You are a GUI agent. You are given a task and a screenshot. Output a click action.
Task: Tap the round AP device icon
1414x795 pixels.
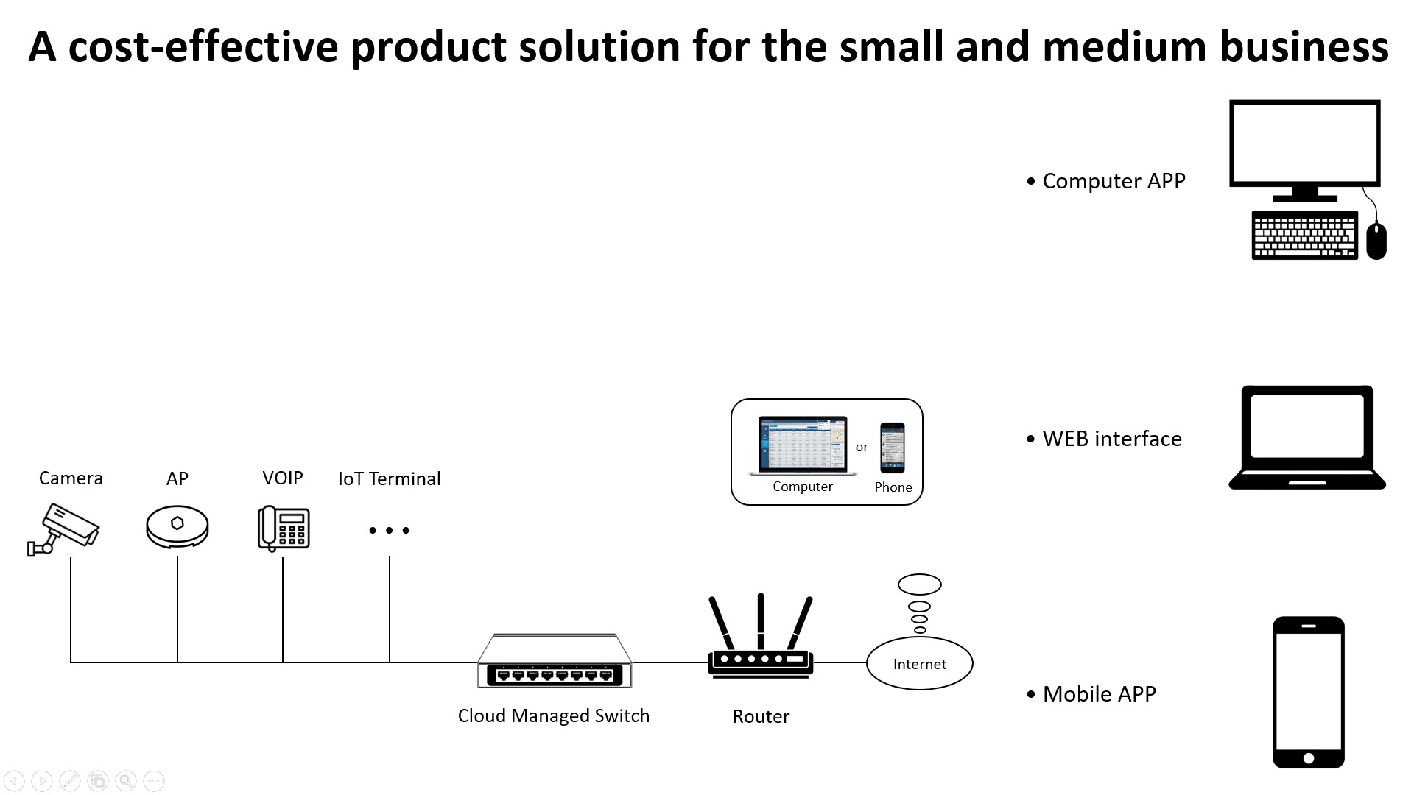point(177,526)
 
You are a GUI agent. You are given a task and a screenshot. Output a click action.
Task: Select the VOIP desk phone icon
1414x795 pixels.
point(284,528)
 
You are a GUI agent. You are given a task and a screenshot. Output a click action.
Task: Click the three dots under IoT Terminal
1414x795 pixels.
point(389,530)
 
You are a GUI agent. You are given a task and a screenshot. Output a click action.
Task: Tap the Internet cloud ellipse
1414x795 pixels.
point(919,663)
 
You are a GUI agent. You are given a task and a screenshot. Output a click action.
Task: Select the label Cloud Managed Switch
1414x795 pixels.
point(553,715)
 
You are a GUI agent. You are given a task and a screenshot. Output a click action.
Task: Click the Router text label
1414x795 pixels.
point(761,716)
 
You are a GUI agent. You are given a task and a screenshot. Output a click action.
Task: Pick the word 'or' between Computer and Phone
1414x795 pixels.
point(862,447)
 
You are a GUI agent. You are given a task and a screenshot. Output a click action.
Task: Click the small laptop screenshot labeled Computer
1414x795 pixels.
point(803,446)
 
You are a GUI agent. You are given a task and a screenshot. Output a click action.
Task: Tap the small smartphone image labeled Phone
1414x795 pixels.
point(893,448)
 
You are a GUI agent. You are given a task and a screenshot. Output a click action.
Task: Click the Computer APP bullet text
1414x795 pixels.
point(1114,181)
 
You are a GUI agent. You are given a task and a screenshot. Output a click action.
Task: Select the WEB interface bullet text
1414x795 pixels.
point(1112,439)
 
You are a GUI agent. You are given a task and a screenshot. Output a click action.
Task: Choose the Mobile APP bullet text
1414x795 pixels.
point(1099,694)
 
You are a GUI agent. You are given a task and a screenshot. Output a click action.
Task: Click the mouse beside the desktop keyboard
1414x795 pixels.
point(1376,241)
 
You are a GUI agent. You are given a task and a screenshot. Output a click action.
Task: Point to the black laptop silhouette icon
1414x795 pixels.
point(1307,437)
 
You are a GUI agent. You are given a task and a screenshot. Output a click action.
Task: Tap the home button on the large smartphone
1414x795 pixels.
point(1309,758)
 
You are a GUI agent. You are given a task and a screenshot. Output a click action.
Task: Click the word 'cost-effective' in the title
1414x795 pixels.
point(203,46)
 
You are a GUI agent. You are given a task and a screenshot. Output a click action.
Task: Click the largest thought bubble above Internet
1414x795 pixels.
point(920,584)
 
